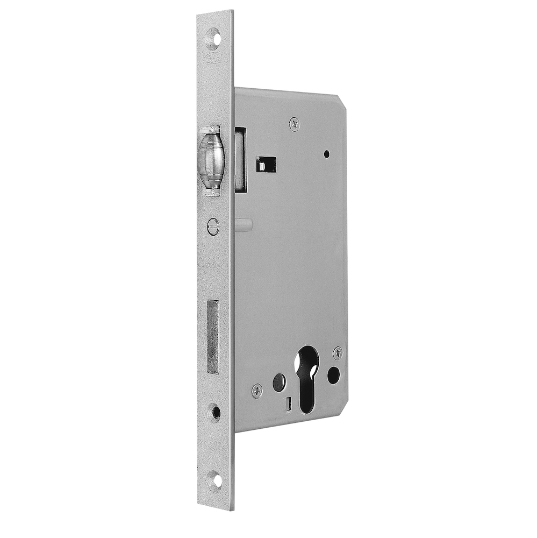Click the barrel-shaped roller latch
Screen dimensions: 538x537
pyautogui.click(x=211, y=160)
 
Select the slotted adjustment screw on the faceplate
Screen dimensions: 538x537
pyautogui.click(x=213, y=226)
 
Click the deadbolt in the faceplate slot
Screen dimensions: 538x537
pyautogui.click(x=213, y=336)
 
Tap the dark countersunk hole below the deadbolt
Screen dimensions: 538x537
pyautogui.click(x=216, y=412)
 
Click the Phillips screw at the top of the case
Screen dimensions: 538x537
pyautogui.click(x=294, y=124)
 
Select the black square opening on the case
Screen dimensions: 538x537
pyautogui.click(x=266, y=164)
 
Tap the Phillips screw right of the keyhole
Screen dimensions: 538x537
pyautogui.click(x=338, y=352)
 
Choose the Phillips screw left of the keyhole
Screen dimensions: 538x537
pyautogui.click(x=257, y=390)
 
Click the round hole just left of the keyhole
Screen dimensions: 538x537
pyautogui.click(x=278, y=382)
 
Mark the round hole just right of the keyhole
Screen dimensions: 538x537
pyautogui.click(x=333, y=374)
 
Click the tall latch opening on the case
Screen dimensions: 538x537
pyautogui.click(x=240, y=159)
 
